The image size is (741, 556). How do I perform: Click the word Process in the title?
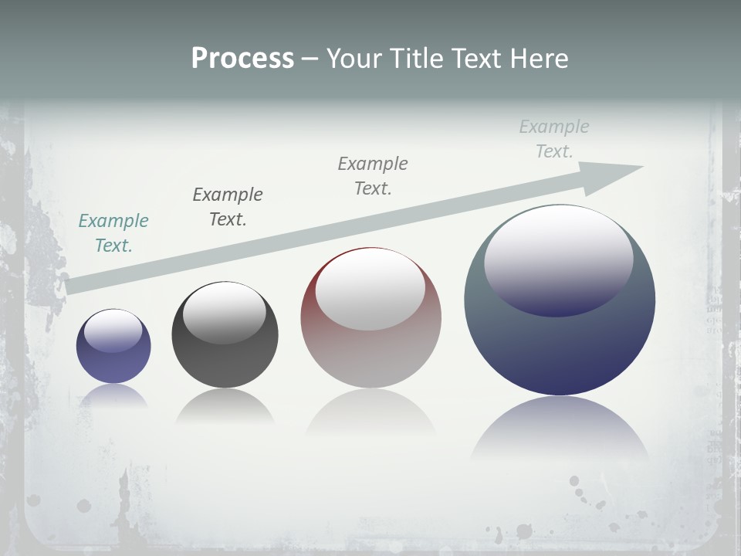[242, 59]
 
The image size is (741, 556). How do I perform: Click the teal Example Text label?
[113, 233]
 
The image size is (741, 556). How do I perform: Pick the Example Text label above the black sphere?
[228, 207]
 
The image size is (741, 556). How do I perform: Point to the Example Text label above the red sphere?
[373, 176]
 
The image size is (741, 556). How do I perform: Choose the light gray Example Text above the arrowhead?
[554, 139]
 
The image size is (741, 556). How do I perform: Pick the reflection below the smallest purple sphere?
[113, 395]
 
